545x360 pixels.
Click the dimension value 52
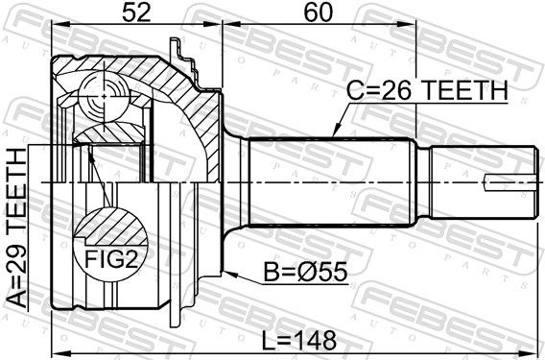(136, 12)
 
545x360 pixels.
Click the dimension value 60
(318, 12)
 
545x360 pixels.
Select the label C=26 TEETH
(427, 91)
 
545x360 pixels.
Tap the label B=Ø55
(305, 272)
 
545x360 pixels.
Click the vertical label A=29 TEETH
(16, 228)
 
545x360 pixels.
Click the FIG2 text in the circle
(112, 259)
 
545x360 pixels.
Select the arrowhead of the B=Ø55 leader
(229, 274)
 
